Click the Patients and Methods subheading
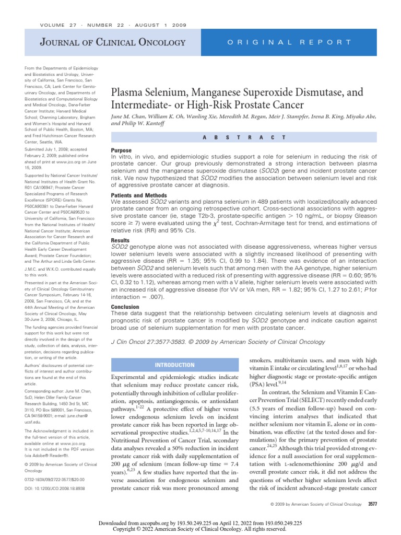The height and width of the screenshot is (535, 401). coord(140,195)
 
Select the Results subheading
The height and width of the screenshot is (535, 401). coord(121,240)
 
